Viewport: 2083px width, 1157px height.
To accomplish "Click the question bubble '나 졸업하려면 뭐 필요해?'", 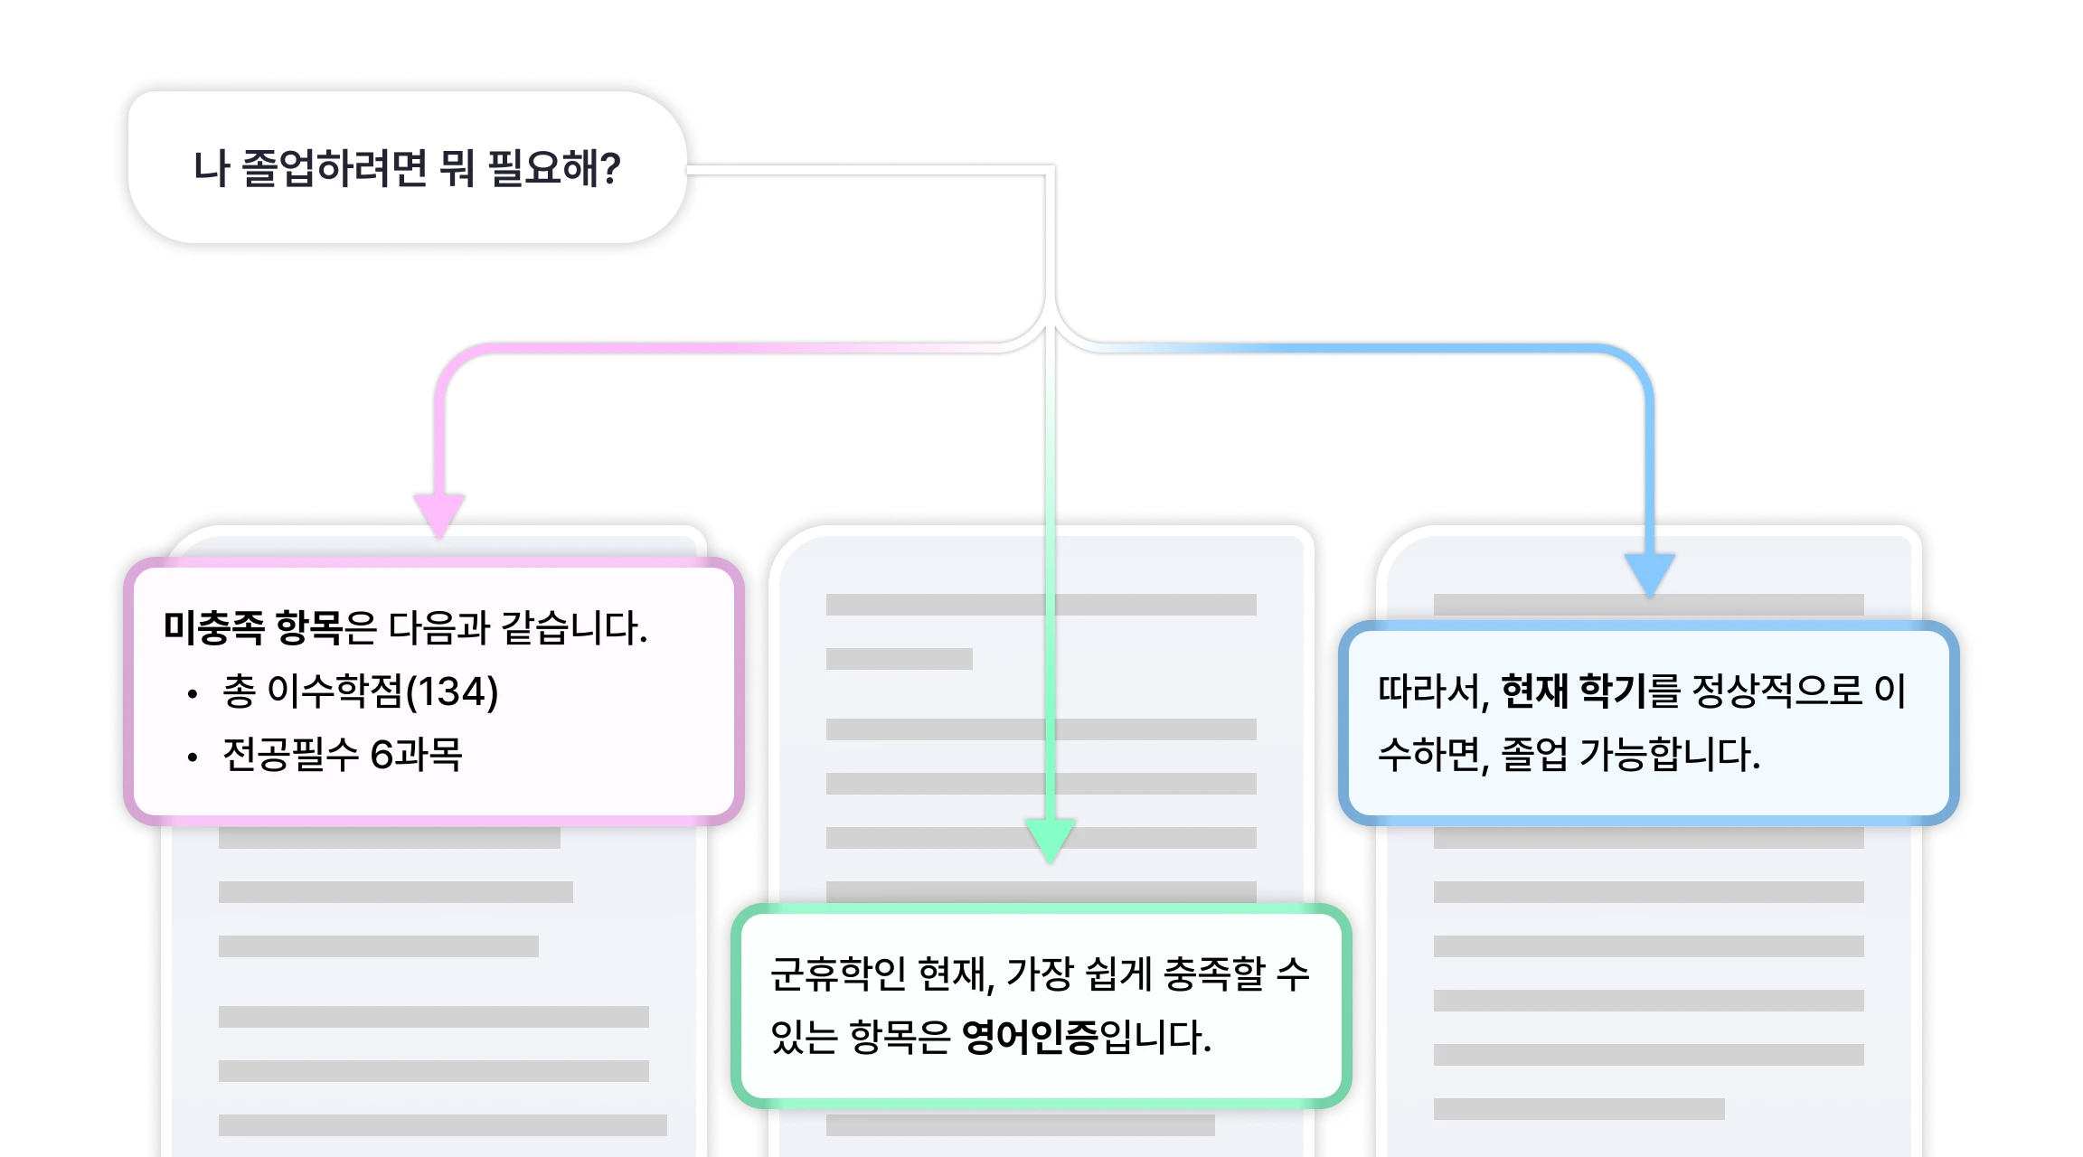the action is (x=407, y=167).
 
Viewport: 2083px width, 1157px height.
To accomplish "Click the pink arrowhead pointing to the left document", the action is (x=439, y=513).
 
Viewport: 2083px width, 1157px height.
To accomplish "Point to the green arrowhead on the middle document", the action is (x=1050, y=838).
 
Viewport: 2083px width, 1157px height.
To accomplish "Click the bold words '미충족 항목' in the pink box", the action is (x=252, y=627).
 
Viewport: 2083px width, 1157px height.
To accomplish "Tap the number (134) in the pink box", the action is (x=452, y=691).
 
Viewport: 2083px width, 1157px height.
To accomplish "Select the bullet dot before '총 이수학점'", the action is (x=192, y=694).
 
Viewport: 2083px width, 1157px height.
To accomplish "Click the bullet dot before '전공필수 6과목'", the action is (x=192, y=757).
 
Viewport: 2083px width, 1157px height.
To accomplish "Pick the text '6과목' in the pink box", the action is (x=416, y=755).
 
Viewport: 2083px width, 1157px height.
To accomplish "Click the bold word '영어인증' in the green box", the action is (x=1030, y=1037).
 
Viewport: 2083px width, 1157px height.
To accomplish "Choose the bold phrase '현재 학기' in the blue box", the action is (x=1573, y=691).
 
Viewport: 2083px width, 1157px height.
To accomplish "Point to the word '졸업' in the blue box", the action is (x=1533, y=755).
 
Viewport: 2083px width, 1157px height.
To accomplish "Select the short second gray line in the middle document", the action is (x=899, y=659).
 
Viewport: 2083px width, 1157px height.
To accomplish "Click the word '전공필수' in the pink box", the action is (x=291, y=755).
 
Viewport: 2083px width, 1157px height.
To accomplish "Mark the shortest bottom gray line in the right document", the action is (x=1579, y=1109).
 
